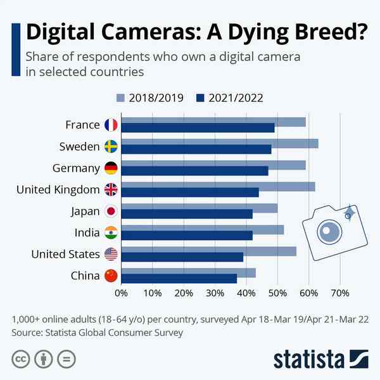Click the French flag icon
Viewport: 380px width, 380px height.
pyautogui.click(x=111, y=125)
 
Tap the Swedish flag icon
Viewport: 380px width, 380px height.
pyautogui.click(x=111, y=147)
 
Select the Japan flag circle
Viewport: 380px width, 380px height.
pyautogui.click(x=111, y=212)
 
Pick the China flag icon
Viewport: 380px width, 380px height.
pyautogui.click(x=111, y=275)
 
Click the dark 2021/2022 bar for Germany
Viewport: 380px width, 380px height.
pyautogui.click(x=194, y=171)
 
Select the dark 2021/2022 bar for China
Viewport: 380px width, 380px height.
pyautogui.click(x=179, y=279)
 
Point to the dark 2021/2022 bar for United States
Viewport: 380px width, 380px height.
pyautogui.click(x=182, y=257)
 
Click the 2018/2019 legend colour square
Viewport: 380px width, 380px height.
pyautogui.click(x=121, y=98)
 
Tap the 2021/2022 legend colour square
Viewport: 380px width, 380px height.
pyautogui.click(x=200, y=98)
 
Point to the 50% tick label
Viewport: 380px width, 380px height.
pyautogui.click(x=277, y=293)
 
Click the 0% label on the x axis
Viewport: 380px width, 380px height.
pyautogui.click(x=121, y=293)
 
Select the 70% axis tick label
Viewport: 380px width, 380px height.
pyautogui.click(x=340, y=293)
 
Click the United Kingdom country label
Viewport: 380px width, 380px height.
pyautogui.click(x=58, y=189)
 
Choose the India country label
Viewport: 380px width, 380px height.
pyautogui.click(x=87, y=232)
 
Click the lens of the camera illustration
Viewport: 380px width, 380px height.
pyautogui.click(x=328, y=232)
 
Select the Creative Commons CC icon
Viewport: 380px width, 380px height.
pyautogui.click(x=20, y=359)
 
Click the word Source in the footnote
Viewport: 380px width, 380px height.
pyautogui.click(x=28, y=332)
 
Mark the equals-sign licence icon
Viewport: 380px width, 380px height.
pyautogui.click(x=65, y=359)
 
